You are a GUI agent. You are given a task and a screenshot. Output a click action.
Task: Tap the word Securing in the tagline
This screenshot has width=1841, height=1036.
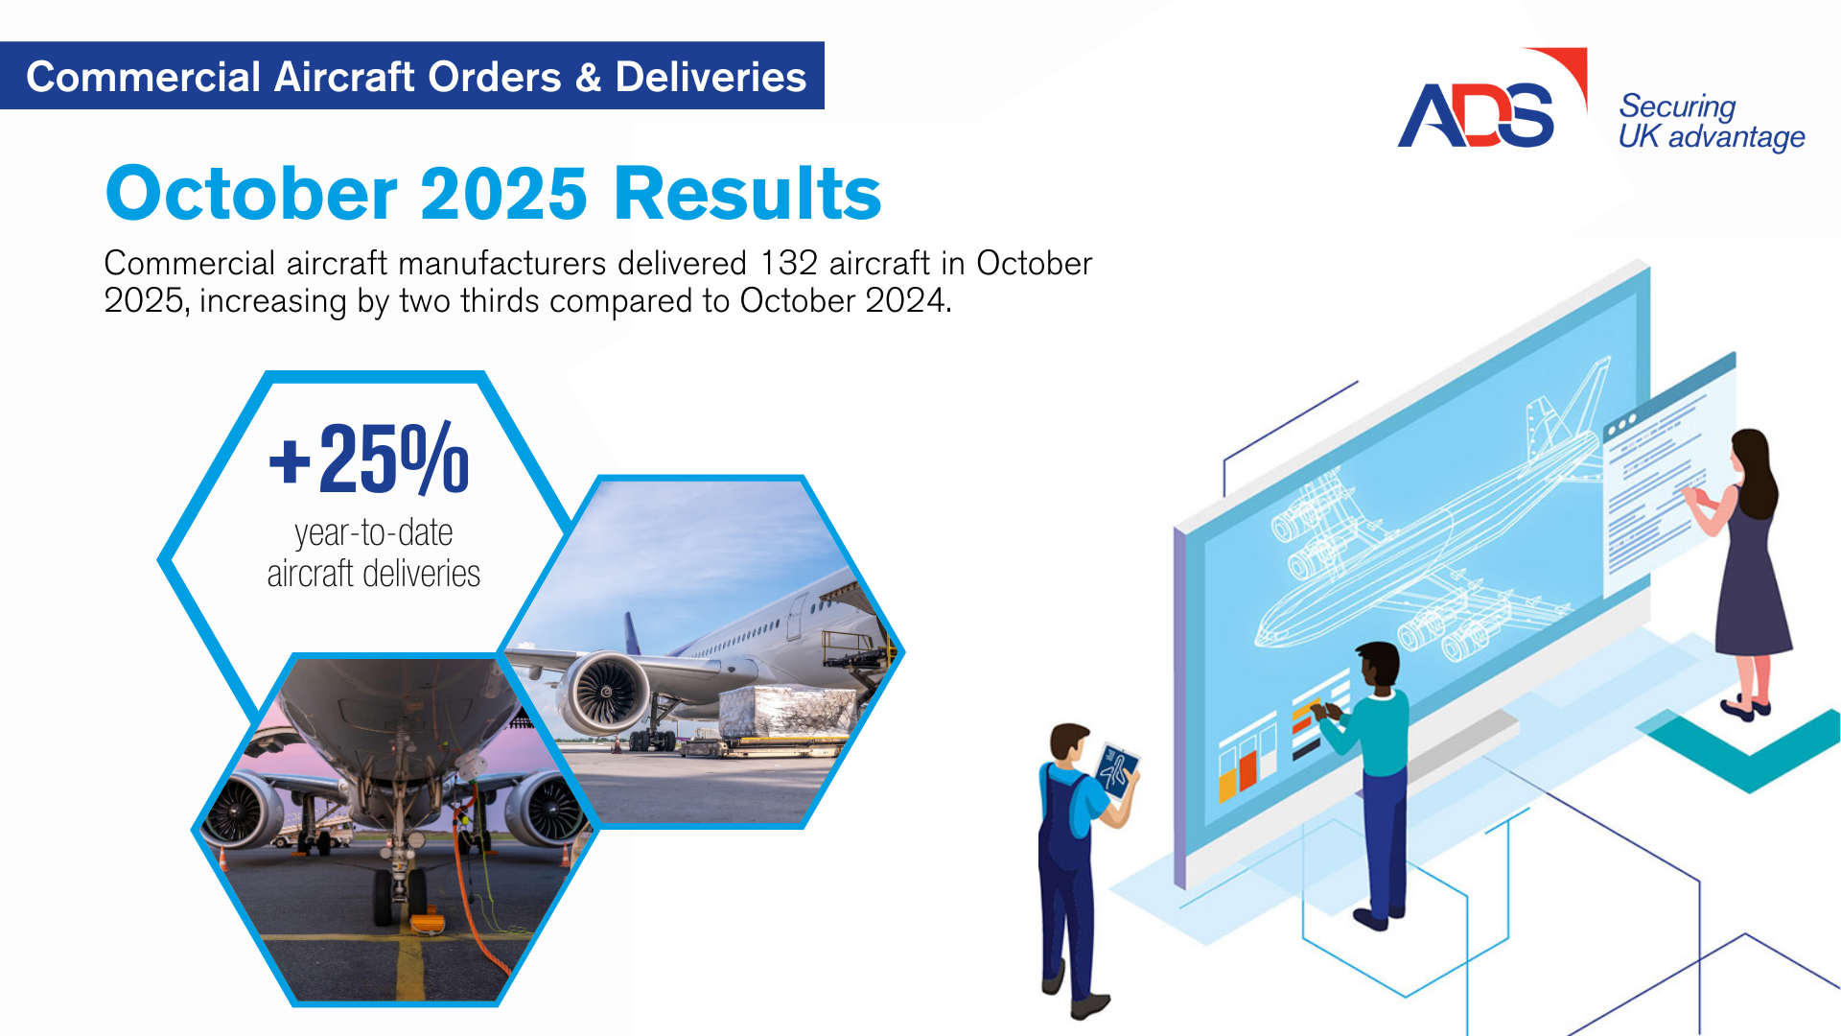click(1677, 106)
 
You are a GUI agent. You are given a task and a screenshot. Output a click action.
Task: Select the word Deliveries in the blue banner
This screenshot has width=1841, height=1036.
click(711, 77)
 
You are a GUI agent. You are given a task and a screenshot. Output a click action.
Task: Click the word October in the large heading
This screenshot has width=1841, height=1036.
click(251, 193)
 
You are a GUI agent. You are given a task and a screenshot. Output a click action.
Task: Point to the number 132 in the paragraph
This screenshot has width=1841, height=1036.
click(789, 263)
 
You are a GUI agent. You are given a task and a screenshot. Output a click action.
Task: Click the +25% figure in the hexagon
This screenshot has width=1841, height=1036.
click(369, 459)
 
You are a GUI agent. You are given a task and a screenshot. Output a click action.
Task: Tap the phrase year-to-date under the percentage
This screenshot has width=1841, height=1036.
click(374, 532)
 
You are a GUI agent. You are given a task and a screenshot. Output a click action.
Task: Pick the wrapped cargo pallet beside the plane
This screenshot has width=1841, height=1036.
click(786, 712)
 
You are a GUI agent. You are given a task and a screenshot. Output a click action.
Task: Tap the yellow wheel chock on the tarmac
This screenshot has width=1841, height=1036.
click(424, 924)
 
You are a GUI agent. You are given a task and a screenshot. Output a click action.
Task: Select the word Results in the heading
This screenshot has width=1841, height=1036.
click(747, 193)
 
